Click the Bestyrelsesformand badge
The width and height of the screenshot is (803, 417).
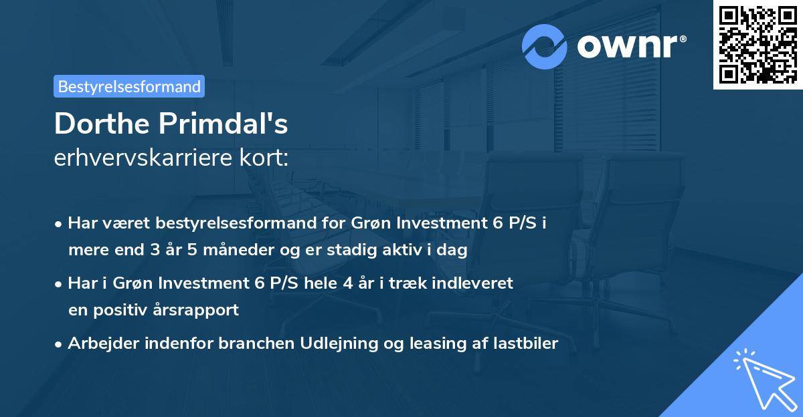(x=129, y=86)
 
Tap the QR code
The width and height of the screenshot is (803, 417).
(x=757, y=45)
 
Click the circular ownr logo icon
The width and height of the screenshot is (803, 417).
(x=545, y=46)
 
